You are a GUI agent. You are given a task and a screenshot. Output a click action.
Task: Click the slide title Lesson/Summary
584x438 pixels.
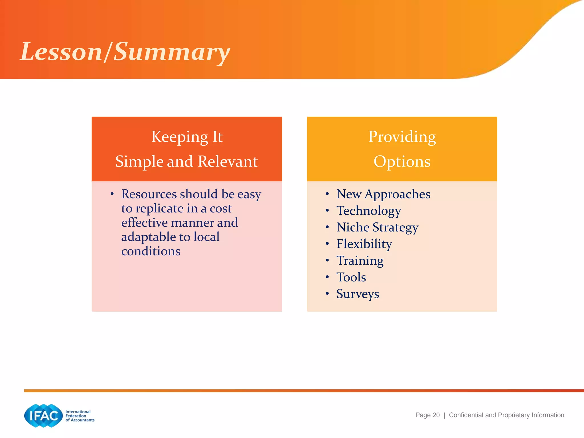click(125, 52)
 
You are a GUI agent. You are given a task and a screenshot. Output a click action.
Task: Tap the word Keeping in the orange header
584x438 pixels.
click(180, 137)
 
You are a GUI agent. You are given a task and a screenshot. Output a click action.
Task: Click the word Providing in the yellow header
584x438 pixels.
click(402, 137)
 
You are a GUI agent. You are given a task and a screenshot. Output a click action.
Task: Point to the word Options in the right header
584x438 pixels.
click(402, 162)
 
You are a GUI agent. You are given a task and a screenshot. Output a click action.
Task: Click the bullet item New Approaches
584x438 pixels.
click(383, 194)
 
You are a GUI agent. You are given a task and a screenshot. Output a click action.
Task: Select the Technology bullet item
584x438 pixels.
click(368, 211)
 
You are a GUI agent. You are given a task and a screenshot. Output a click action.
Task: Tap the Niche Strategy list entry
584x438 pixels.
click(377, 228)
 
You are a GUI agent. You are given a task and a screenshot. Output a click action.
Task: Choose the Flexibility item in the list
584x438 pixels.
click(364, 244)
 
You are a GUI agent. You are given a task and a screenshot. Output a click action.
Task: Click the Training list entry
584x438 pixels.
click(360, 261)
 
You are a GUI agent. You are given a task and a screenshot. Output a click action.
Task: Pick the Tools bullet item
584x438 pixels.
click(351, 277)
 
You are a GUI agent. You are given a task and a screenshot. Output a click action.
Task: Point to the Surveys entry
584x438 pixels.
click(358, 294)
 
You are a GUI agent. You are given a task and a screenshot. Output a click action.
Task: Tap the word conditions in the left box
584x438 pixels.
click(151, 251)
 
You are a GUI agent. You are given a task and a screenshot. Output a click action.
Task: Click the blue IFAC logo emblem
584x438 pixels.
click(43, 415)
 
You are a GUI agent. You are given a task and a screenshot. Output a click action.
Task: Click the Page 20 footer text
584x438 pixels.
click(427, 415)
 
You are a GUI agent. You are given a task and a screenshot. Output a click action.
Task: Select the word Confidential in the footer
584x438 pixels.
click(466, 415)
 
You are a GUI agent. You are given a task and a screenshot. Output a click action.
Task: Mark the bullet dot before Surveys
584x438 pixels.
click(327, 293)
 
